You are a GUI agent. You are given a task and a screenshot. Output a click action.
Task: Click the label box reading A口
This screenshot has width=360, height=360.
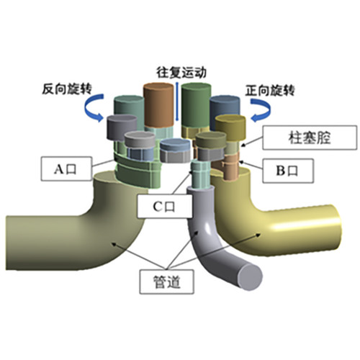[66, 168]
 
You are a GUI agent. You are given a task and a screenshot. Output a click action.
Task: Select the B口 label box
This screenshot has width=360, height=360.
[288, 171]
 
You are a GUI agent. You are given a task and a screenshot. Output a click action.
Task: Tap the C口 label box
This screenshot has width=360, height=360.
[165, 207]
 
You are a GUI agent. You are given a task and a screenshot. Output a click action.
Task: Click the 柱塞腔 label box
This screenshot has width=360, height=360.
[310, 138]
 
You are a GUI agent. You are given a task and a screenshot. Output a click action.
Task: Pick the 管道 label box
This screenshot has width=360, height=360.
[167, 282]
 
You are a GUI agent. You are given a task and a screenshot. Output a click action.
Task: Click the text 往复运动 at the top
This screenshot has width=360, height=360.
[181, 73]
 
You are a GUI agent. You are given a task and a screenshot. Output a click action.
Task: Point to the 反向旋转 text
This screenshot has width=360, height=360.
[67, 89]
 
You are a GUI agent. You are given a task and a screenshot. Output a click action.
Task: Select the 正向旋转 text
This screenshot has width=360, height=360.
[270, 91]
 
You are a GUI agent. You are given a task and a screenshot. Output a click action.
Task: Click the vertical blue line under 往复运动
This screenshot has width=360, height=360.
[177, 102]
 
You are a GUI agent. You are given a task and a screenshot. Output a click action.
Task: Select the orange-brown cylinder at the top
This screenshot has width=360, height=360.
[158, 105]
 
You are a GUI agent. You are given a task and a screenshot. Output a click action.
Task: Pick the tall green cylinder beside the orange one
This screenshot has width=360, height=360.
[197, 105]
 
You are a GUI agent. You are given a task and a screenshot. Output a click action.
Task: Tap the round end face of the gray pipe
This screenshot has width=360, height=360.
[251, 276]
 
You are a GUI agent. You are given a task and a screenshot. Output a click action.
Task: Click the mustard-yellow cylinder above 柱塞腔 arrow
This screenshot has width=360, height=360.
[230, 127]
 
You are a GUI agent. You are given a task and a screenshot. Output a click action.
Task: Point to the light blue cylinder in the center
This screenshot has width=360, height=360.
[175, 150]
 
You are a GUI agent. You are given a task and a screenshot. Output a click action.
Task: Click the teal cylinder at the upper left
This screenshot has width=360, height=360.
[129, 107]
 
